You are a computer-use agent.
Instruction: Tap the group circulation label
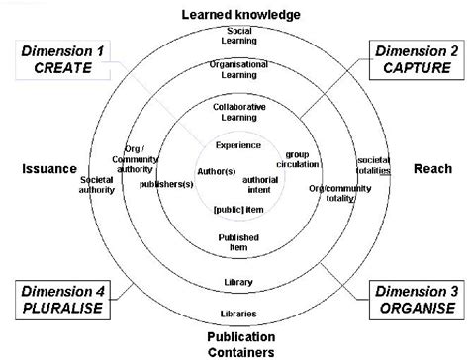click(x=299, y=160)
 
